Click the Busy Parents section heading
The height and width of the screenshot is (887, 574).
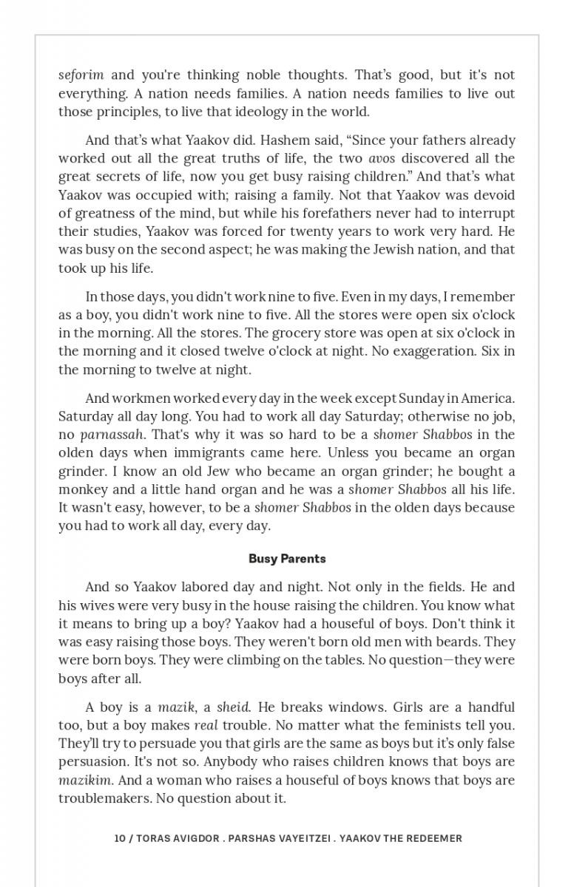tap(287, 559)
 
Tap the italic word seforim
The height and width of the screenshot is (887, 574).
tap(81, 75)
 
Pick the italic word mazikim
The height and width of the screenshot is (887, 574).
tap(85, 780)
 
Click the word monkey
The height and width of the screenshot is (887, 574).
tap(82, 489)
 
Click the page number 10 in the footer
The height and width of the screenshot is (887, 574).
tap(119, 838)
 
